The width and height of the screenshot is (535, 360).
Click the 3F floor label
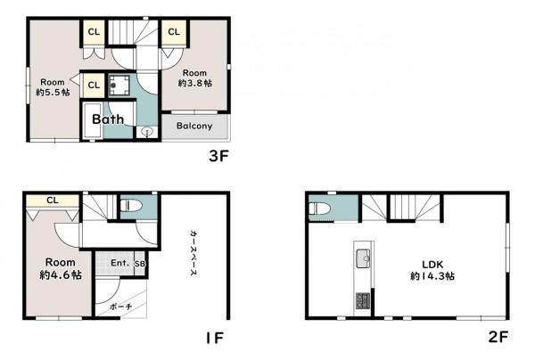pyautogui.click(x=218, y=156)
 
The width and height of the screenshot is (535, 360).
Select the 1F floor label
pyautogui.click(x=215, y=339)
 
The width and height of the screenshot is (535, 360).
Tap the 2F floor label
pyautogui.click(x=498, y=337)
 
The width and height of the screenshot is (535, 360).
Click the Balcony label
pyautogui.click(x=194, y=126)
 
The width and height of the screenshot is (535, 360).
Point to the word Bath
pyautogui.click(x=108, y=119)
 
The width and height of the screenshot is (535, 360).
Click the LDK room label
pyautogui.click(x=432, y=264)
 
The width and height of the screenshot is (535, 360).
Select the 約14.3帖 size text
pyautogui.click(x=432, y=276)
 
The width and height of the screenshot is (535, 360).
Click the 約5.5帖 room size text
pyautogui.click(x=53, y=92)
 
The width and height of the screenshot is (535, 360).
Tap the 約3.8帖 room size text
pyautogui.click(x=194, y=83)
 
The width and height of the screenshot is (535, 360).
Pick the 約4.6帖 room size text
pyautogui.click(x=61, y=274)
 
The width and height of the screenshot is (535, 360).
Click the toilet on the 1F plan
pyautogui.click(x=131, y=205)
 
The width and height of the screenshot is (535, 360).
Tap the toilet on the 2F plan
pyautogui.click(x=318, y=209)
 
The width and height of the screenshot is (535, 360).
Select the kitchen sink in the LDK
pyautogui.click(x=364, y=258)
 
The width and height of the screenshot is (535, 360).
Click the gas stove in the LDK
pyautogui.click(x=363, y=300)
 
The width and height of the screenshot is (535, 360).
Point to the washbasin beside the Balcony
pyautogui.click(x=147, y=132)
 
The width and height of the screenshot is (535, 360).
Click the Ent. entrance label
pyautogui.click(x=120, y=263)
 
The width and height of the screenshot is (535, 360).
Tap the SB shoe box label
pyautogui.click(x=140, y=264)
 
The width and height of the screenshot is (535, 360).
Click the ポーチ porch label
pyautogui.click(x=121, y=307)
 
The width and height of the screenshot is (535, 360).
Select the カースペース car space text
pyautogui.click(x=193, y=252)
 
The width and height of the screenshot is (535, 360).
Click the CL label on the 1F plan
pyautogui.click(x=53, y=200)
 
